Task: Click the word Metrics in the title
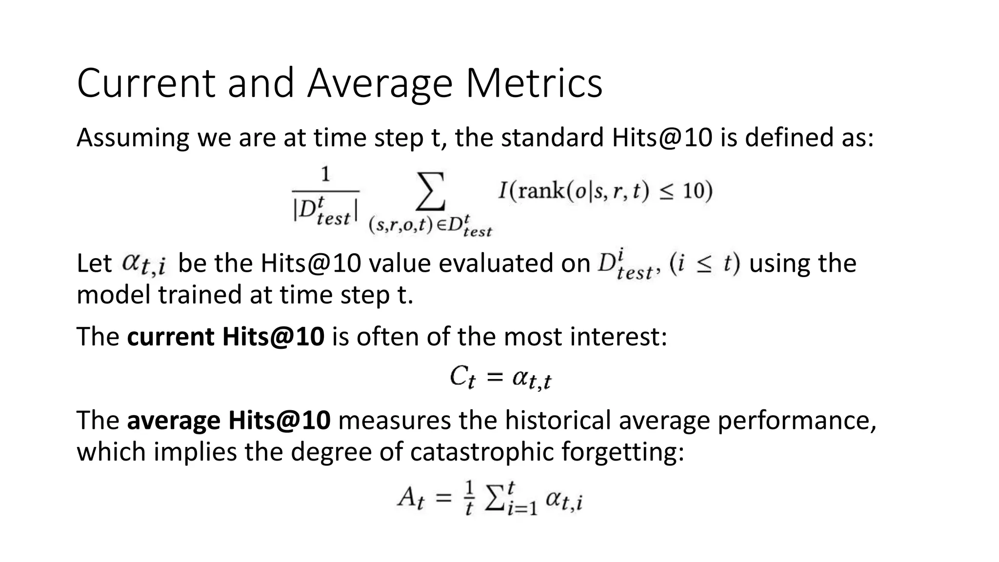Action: coord(534,83)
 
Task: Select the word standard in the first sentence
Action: coord(552,138)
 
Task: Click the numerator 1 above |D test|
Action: coord(325,175)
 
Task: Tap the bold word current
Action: coord(170,337)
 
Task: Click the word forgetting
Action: coord(622,453)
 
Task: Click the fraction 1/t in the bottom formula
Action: coord(469,499)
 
